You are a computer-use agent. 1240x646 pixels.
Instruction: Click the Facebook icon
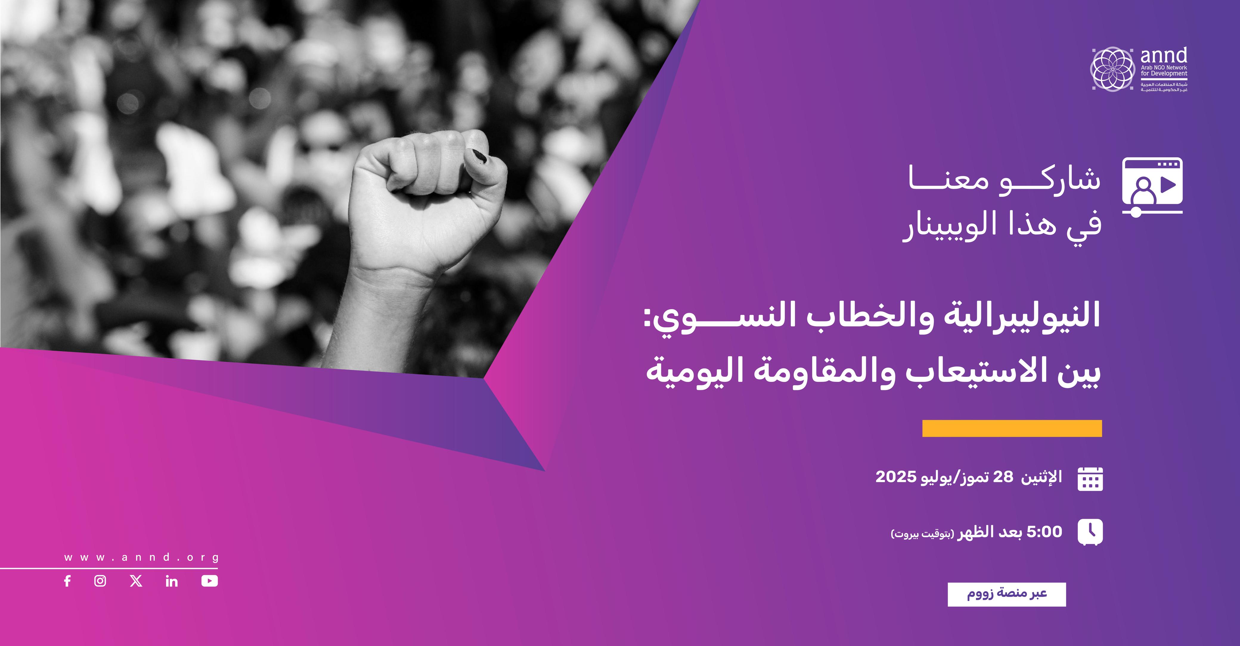pyautogui.click(x=67, y=581)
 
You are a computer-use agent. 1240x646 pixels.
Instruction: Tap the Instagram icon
pyautogui.click(x=100, y=581)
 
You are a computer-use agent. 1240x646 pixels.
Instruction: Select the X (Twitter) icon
pyautogui.click(x=136, y=581)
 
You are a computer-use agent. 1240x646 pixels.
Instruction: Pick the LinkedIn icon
pyautogui.click(x=171, y=581)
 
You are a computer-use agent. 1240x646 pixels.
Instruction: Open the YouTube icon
pyautogui.click(x=209, y=581)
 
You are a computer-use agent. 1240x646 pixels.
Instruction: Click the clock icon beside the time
pyautogui.click(x=1090, y=532)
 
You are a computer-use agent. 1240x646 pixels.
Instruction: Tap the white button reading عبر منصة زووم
pyautogui.click(x=1007, y=594)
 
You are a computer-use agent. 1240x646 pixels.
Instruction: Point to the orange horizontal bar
pyautogui.click(x=1012, y=428)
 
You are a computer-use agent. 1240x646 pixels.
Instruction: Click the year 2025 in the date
pyautogui.click(x=895, y=477)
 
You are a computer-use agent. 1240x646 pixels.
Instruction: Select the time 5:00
pyautogui.click(x=1044, y=532)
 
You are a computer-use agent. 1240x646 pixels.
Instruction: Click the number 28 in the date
pyautogui.click(x=1000, y=477)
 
